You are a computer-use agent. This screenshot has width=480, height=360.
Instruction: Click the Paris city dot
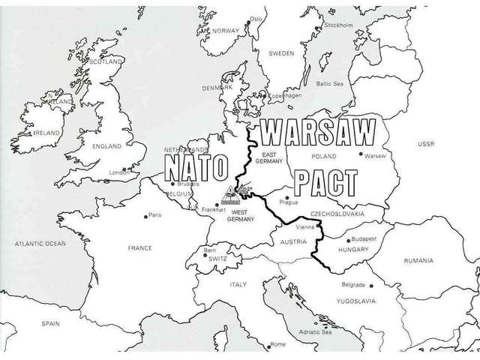(x=146, y=216)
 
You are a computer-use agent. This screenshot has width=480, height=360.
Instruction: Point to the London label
(x=120, y=172)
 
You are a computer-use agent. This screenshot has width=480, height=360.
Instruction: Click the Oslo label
(x=256, y=18)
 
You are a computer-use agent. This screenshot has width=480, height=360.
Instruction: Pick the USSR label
(x=427, y=143)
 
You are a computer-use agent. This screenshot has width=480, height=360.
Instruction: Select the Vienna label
(x=304, y=226)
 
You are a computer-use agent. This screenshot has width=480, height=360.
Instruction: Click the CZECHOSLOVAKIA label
(x=337, y=214)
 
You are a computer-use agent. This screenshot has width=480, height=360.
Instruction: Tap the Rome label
(x=278, y=343)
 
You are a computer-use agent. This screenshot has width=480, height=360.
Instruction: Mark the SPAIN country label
(x=50, y=323)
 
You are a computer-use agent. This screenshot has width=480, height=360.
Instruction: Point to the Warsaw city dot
(x=361, y=154)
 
